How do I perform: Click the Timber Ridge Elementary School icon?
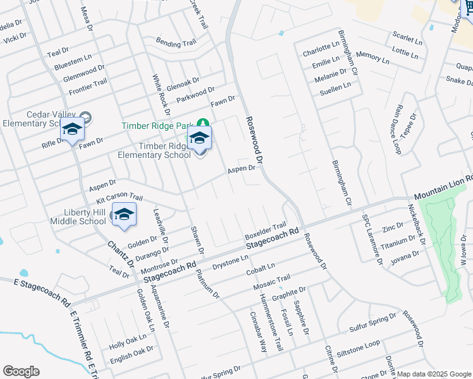pyautogui.click(x=199, y=139)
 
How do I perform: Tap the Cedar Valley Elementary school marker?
pyautogui.click(x=73, y=130)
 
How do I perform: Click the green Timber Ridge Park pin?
pyautogui.click(x=203, y=123)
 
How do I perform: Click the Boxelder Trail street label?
pyautogui.click(x=266, y=231)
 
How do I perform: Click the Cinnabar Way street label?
pyautogui.click(x=259, y=332)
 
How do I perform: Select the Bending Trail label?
pyautogui.click(x=176, y=43)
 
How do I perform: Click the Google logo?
pyautogui.click(x=21, y=371)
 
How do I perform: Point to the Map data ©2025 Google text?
pyautogui.click(x=433, y=374)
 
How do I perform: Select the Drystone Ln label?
pyautogui.click(x=230, y=261)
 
